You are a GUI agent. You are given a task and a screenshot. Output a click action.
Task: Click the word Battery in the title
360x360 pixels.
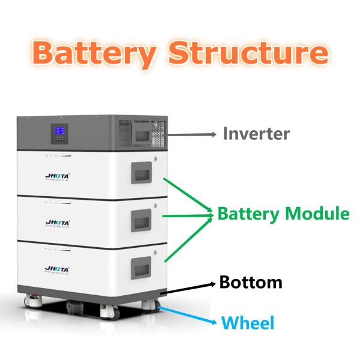pyautogui.click(x=98, y=52)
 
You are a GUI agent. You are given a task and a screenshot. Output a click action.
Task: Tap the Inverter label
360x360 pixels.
pyautogui.click(x=256, y=133)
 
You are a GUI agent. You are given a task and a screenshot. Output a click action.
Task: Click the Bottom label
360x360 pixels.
pyautogui.click(x=250, y=281)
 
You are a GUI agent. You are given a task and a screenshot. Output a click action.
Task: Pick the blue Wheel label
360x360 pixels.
pyautogui.click(x=248, y=323)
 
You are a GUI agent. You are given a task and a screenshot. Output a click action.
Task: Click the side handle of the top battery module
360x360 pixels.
pyautogui.click(x=143, y=175)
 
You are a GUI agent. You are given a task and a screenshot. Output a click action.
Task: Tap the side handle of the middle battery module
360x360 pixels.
pyautogui.click(x=143, y=218)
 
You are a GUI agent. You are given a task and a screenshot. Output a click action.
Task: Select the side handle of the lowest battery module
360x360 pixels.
pyautogui.click(x=143, y=265)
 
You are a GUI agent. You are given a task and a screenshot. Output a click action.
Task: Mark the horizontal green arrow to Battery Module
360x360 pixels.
pyautogui.click(x=186, y=215)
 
